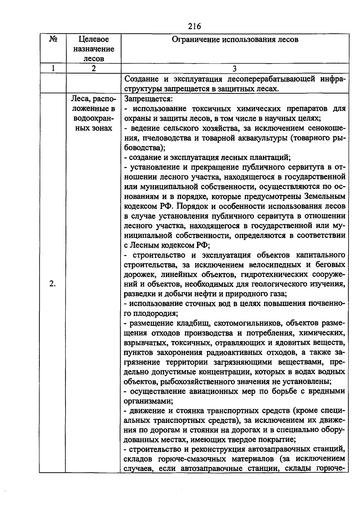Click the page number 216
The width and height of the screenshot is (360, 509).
click(194, 26)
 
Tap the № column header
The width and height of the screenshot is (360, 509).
click(53, 39)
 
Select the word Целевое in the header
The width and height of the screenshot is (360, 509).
click(94, 39)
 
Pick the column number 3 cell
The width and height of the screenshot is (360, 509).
click(235, 68)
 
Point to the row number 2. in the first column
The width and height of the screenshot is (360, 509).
click(52, 284)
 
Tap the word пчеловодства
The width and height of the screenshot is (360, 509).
click(162, 138)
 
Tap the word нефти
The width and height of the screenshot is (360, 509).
click(204, 294)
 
